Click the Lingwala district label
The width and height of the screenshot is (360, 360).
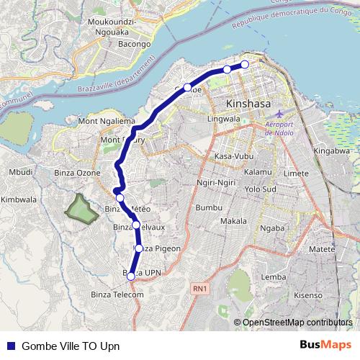pos(222,118)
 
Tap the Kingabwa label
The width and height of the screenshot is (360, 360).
pos(331,152)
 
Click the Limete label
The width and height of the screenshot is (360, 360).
pos(296,174)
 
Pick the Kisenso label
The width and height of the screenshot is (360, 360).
pos(308,294)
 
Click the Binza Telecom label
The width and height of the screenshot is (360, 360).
pos(117,294)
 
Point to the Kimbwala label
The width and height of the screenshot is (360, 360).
pos(19,199)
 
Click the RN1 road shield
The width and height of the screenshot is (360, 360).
pos(200,289)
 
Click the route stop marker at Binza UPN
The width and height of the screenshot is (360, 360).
pos(130,276)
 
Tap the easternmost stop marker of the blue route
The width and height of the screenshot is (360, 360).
pos(244,65)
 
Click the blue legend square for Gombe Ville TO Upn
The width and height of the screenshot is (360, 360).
pos(11,345)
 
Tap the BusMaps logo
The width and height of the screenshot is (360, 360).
pos(323,344)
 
